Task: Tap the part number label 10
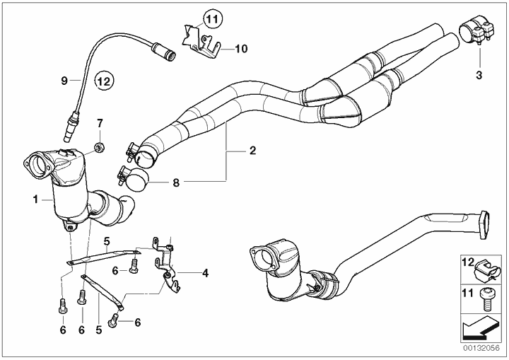coord(240,49)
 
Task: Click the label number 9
coord(64,81)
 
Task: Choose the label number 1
coord(34,200)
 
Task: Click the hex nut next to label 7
coord(100,148)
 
